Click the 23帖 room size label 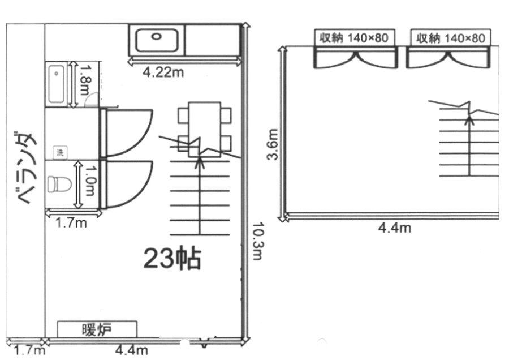coord(172,259)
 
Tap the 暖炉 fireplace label coord(97,329)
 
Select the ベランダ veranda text coord(26,168)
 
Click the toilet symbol coord(59,184)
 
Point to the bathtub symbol coord(56,84)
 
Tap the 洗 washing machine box coord(60,152)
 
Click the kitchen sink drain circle coord(156,37)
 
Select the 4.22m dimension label coord(163,72)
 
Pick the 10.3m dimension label coord(257,241)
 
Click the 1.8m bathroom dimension coord(84,80)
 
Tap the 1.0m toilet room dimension coord(89,181)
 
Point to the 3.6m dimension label coord(273,144)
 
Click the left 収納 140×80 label coord(354,38)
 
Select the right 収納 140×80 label coord(451,38)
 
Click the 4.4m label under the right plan coord(395,228)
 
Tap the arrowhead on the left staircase coord(200,161)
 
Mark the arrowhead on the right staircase coord(469,119)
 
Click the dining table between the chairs coord(205,130)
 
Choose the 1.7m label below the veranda coord(30,351)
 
